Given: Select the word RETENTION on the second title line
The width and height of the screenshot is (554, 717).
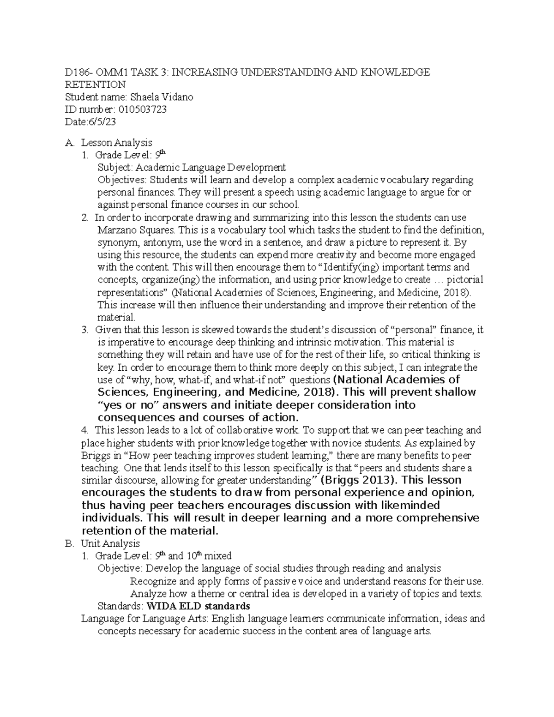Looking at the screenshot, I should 95,84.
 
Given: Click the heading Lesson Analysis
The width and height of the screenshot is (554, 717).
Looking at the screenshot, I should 117,143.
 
